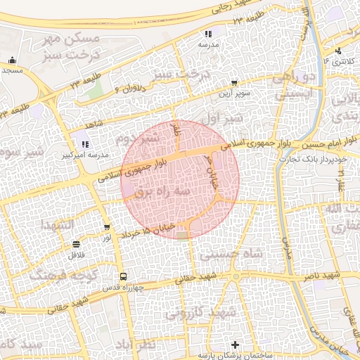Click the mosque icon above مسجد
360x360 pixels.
12,60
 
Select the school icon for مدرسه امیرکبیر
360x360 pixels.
85,144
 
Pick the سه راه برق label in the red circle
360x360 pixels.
185,190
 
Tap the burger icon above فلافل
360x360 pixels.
75,244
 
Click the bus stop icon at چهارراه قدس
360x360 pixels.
124,276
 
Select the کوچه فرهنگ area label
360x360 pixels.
69,272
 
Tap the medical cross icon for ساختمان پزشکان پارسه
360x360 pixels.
236,345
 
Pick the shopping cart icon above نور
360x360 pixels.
107,227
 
